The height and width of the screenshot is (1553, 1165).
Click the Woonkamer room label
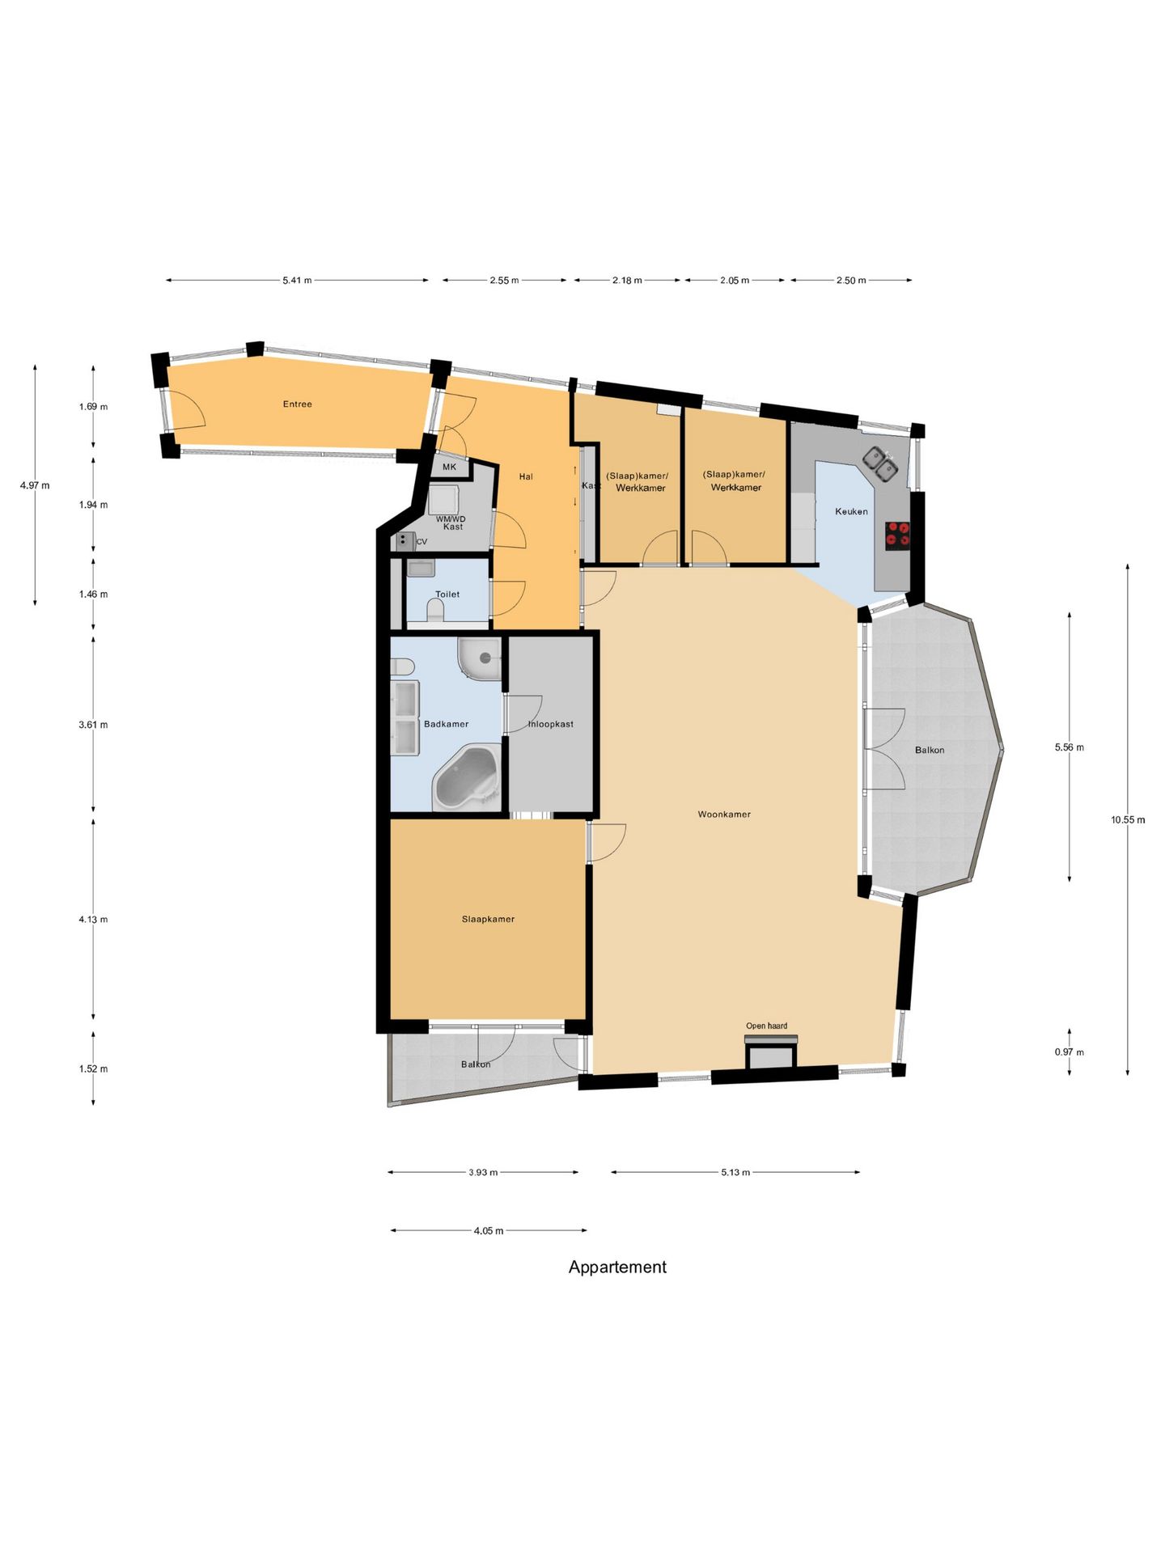click(724, 815)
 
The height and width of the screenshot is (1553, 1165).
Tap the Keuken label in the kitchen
click(851, 511)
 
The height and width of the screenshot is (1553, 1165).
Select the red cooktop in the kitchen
click(898, 535)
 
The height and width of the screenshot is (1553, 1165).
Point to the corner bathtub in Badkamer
click(467, 778)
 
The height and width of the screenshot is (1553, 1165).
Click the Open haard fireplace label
click(766, 1026)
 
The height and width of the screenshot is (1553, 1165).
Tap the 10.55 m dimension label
click(1128, 819)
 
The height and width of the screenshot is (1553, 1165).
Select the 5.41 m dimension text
click(297, 281)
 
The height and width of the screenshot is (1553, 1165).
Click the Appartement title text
click(617, 1267)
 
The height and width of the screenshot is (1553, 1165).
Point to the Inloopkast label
click(551, 724)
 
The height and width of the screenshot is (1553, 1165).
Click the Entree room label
click(297, 404)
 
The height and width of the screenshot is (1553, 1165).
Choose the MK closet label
click(449, 467)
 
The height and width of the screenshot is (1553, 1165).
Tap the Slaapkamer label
click(488, 919)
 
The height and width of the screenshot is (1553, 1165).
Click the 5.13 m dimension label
click(735, 1172)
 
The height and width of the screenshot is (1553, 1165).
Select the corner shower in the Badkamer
click(480, 659)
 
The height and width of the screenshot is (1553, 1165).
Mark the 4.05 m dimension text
click(489, 1231)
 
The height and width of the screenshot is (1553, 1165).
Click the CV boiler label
click(422, 542)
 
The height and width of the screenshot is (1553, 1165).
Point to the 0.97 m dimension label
click(1069, 1052)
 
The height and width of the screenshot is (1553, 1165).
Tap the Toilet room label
click(447, 595)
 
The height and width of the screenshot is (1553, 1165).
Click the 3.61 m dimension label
click(93, 725)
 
